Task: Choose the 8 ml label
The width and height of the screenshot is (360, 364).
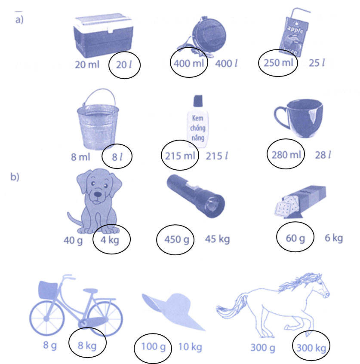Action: click(x=80, y=156)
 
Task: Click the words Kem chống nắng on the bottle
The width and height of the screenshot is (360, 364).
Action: click(x=198, y=128)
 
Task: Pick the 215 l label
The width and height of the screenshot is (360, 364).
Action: click(x=216, y=156)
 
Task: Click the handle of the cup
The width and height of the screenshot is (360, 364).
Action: click(x=280, y=115)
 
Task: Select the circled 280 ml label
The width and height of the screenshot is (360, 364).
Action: click(x=286, y=155)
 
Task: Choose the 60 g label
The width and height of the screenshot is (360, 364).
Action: click(x=295, y=237)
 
